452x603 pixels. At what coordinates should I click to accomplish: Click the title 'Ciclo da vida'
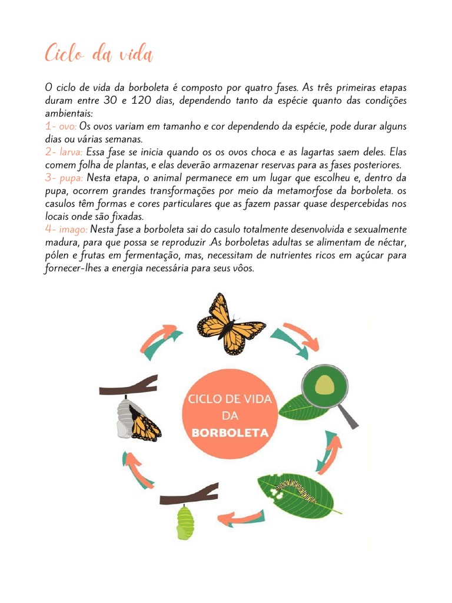coord(99,55)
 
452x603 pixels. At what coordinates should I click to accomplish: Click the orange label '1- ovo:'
coord(61,127)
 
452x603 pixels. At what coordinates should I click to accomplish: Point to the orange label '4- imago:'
coord(67,228)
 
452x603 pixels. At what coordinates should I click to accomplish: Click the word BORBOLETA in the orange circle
coord(230,433)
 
